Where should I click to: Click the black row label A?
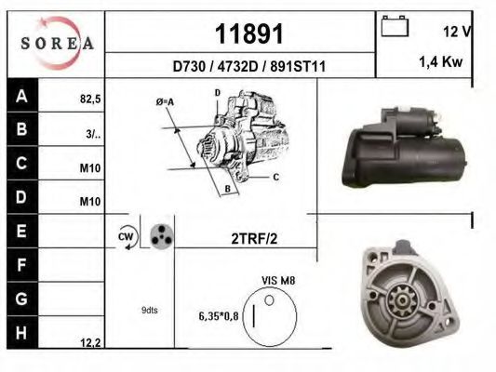pyautogui.click(x=21, y=97)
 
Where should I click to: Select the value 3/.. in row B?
pyautogui.click(x=92, y=133)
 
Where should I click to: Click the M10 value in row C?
pyautogui.click(x=89, y=168)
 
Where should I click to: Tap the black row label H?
pyautogui.click(x=21, y=332)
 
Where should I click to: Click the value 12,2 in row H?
pyautogui.click(x=90, y=343)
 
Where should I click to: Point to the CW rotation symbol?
pyautogui.click(x=125, y=237)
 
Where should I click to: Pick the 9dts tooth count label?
pyautogui.click(x=149, y=310)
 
